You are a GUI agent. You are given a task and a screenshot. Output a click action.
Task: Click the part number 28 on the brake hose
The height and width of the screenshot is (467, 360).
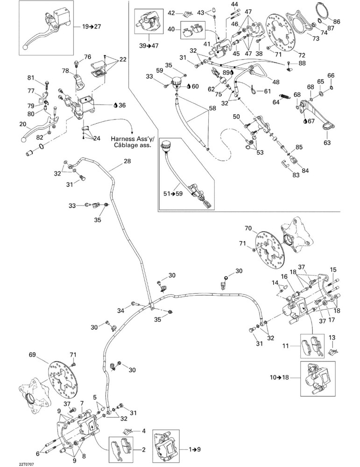click(127, 162)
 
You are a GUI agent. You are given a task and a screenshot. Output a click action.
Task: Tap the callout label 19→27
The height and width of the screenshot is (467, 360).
click(92, 27)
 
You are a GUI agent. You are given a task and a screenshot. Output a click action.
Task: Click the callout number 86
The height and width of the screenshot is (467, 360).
click(336, 21)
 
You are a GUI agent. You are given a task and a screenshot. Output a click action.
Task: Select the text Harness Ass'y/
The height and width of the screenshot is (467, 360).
click(130, 139)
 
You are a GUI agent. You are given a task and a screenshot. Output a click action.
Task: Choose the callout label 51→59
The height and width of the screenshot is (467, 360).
click(173, 194)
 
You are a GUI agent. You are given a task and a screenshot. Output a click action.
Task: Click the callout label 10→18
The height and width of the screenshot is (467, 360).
click(279, 378)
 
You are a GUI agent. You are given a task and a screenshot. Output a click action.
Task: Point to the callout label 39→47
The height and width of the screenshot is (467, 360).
click(149, 46)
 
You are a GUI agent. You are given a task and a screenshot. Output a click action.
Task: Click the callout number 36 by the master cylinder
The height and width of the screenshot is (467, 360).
click(122, 105)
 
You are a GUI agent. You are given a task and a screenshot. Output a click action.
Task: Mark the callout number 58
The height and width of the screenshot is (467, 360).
click(212, 108)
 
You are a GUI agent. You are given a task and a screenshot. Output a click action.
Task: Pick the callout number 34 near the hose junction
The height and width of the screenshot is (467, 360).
click(120, 311)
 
